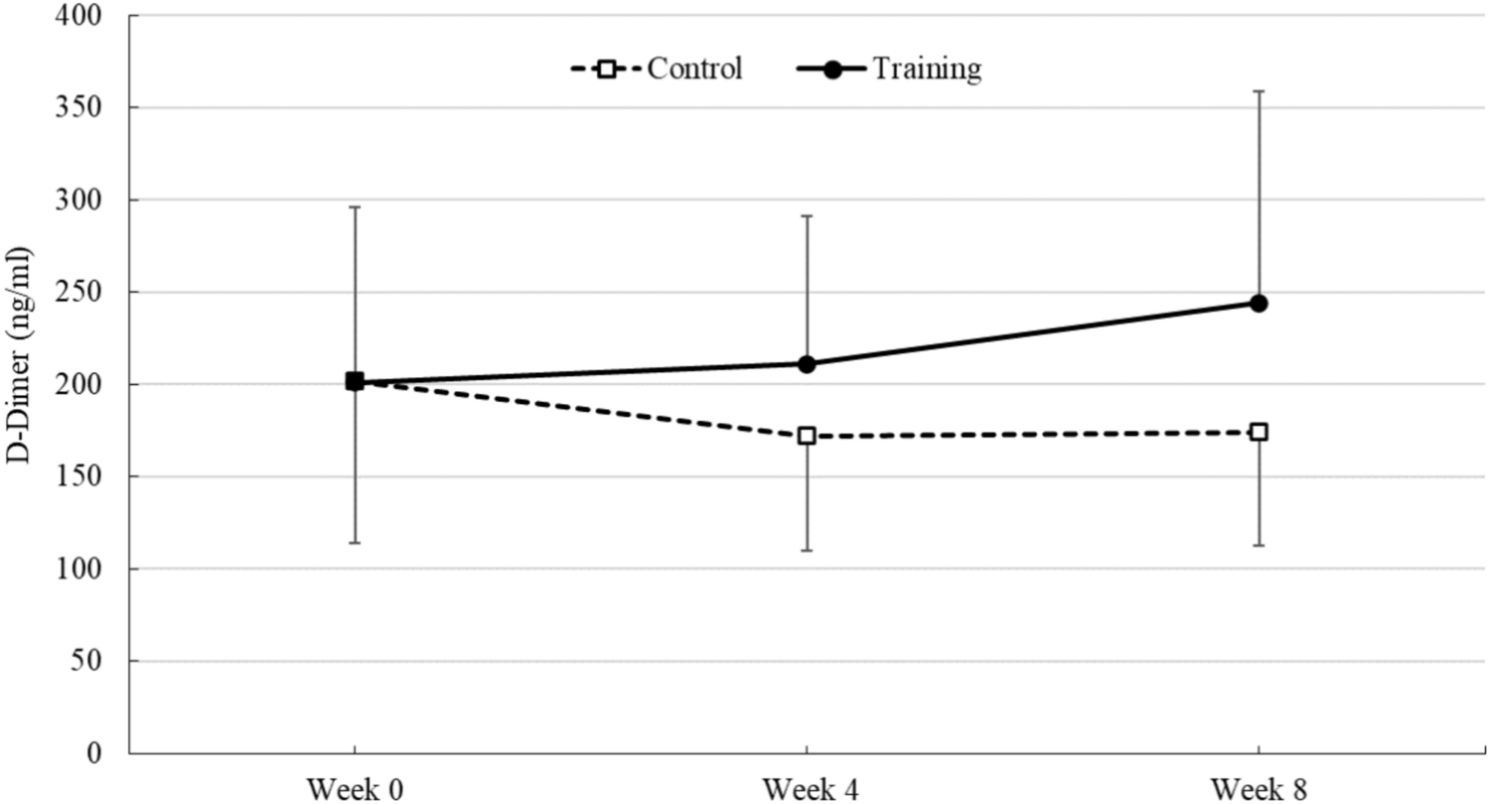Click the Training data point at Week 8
coord(1259,303)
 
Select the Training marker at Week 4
coord(807,364)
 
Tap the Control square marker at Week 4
coord(807,436)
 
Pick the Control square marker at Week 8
coord(1259,432)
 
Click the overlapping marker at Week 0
coord(355,381)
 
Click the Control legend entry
coord(657,68)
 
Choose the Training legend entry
coord(889,68)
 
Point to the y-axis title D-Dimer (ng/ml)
coord(22,383)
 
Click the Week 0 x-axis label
coord(354,788)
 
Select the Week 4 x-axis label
coord(806,788)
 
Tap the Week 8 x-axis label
coord(1259,788)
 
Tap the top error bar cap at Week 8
coord(1259,91)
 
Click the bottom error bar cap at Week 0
coord(355,543)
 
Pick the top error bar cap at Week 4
coord(807,215)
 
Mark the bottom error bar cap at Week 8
coord(1259,545)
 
